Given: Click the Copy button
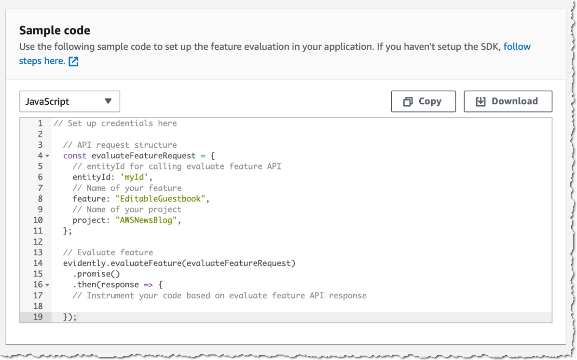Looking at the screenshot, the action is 423,101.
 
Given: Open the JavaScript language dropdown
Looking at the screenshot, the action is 69,101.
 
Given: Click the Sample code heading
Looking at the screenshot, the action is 55,31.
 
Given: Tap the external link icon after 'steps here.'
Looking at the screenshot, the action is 73,61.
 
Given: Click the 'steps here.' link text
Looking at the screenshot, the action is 42,61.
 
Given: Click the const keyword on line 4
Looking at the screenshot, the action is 75,155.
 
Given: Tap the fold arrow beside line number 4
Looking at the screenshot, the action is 47,156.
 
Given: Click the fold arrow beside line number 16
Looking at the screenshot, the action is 47,285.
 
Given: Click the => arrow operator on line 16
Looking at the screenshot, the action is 149,285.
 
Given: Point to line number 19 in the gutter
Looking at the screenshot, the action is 38,317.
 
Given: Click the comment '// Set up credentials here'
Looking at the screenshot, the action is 115,123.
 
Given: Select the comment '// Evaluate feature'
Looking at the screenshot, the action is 108,252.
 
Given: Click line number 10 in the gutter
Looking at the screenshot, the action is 38,220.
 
